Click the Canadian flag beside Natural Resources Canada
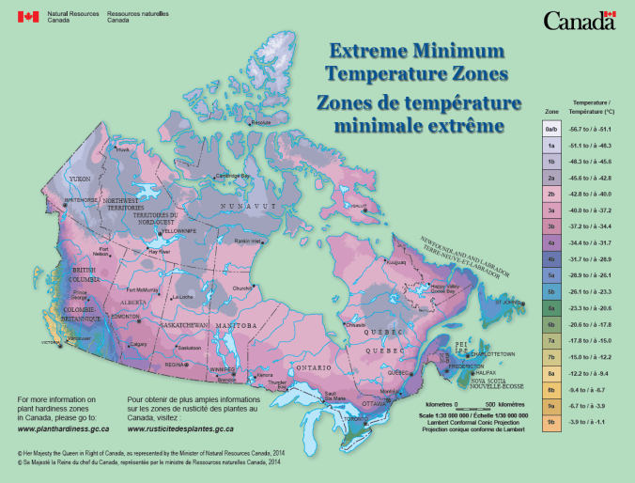[28, 18]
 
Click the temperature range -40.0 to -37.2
[593, 210]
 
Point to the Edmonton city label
[125, 317]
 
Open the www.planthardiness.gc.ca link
[62, 428]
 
